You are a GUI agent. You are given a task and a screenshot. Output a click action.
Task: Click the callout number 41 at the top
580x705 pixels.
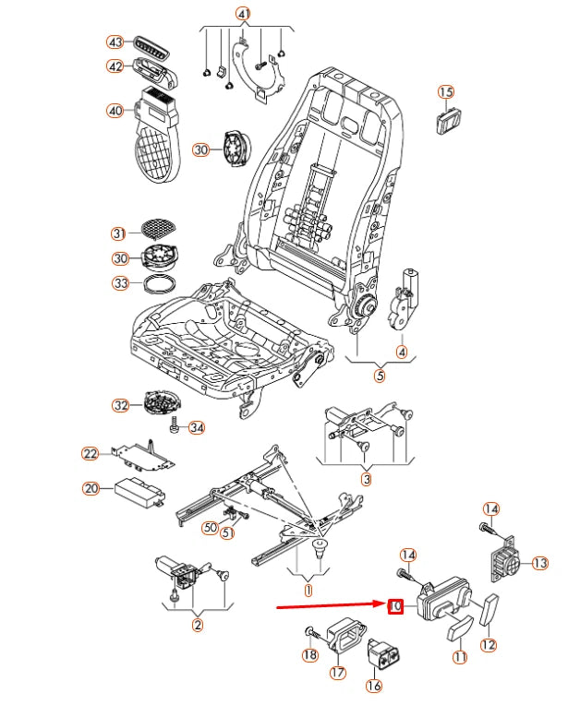pos(243,14)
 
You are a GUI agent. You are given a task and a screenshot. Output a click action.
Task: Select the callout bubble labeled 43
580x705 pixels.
pos(115,42)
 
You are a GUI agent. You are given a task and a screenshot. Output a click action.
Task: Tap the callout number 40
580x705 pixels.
pos(115,111)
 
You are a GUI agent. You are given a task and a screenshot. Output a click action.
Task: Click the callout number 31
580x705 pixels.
pos(119,233)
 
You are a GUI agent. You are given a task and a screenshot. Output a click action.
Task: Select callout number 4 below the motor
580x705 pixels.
pos(402,351)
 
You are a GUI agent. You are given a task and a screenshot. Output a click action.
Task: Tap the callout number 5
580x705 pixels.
pos(380,375)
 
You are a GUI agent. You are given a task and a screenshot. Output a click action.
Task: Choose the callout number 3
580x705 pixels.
pos(366,478)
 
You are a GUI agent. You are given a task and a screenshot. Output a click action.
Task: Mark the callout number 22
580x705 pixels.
pos(90,453)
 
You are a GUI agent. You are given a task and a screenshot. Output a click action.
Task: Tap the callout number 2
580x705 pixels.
pos(197,625)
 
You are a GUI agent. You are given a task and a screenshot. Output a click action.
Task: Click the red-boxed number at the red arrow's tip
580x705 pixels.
pos(395,606)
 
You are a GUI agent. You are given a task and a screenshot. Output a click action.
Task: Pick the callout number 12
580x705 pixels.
pos(489,644)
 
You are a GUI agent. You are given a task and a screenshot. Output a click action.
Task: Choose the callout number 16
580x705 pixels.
pos(374,685)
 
